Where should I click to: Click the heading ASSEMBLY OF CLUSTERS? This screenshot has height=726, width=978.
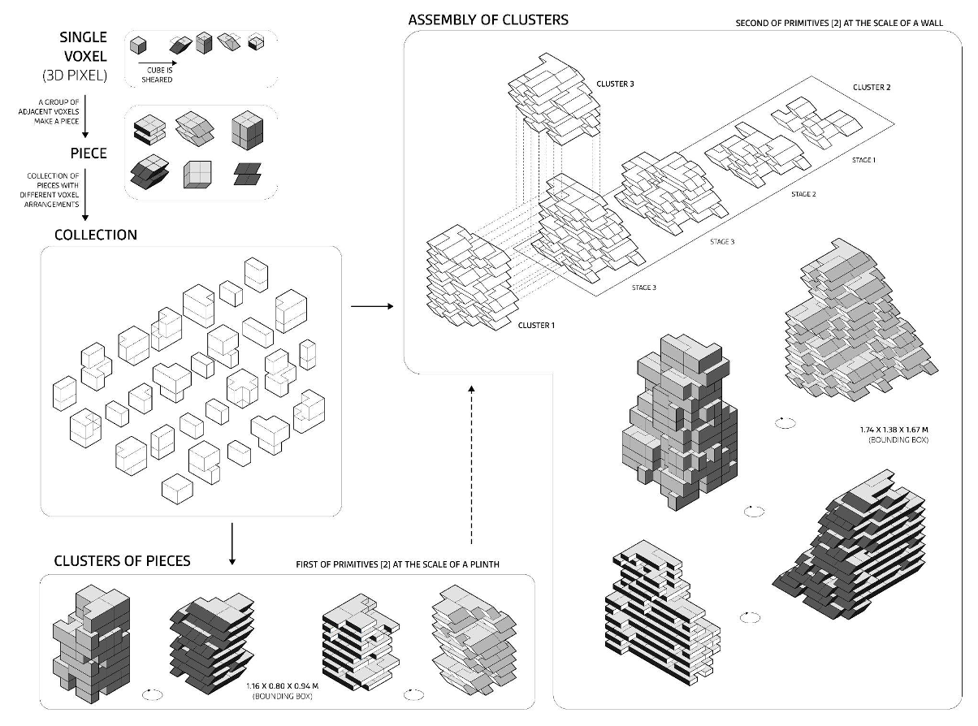[487, 19]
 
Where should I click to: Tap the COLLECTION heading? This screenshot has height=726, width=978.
[96, 235]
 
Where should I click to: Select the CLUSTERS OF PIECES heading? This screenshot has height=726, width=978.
[122, 561]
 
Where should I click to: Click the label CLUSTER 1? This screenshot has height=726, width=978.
[535, 326]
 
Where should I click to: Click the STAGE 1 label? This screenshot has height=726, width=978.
[863, 160]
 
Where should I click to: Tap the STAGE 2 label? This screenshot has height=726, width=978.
[803, 195]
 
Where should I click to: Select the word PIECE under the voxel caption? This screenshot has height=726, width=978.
[88, 153]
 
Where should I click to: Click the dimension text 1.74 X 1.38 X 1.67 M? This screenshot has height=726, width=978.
[894, 428]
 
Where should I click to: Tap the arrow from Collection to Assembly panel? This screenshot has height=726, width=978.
[371, 306]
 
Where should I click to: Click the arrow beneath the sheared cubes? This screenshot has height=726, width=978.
[156, 62]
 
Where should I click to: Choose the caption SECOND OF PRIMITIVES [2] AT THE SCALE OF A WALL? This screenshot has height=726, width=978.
[838, 24]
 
